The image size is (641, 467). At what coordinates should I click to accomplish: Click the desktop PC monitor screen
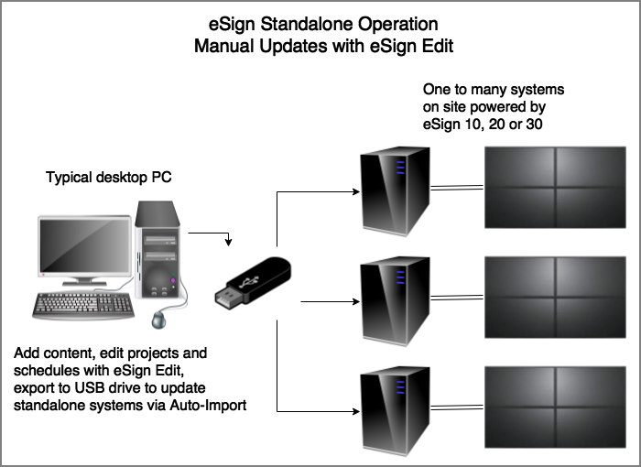pos(82,244)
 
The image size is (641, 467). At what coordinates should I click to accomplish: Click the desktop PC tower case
pos(159,253)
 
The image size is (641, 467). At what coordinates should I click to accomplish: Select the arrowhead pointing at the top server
pos(353,192)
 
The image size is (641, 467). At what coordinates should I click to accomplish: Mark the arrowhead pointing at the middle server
pos(353,299)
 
